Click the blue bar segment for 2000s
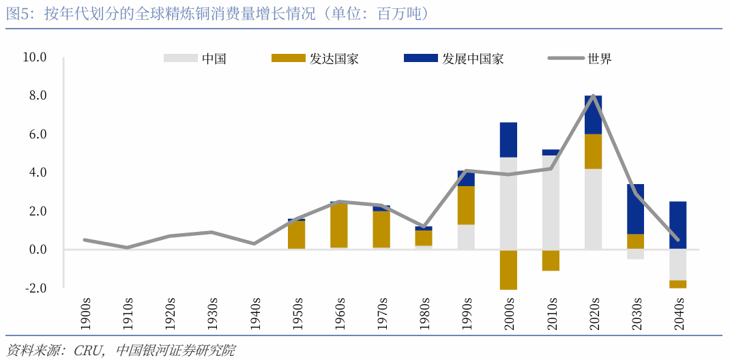click(508, 140)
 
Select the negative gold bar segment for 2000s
click(508, 269)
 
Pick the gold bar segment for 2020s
click(593, 151)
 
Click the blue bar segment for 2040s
click(677, 225)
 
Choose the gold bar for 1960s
click(339, 225)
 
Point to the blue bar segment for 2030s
click(635, 209)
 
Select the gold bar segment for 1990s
click(466, 205)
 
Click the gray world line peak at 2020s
click(594, 96)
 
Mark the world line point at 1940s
click(254, 243)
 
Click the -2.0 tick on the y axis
click(35, 288)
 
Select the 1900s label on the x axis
click(85, 312)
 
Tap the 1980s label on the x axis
click(423, 312)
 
